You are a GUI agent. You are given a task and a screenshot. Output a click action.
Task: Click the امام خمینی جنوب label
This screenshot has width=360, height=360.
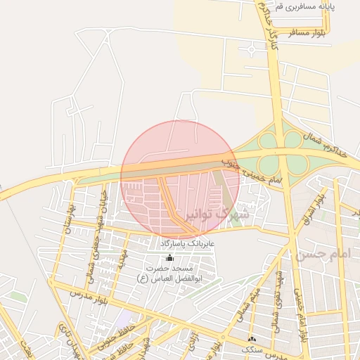click(251, 173)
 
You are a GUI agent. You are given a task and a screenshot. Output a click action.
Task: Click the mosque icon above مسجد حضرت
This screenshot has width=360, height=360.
click(169, 258)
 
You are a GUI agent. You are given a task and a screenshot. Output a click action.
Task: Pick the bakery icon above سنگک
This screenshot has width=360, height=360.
click(252, 339)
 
